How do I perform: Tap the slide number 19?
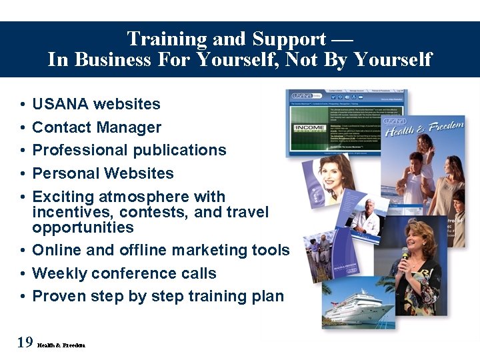(x=25, y=343)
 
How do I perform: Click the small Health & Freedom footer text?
(x=61, y=345)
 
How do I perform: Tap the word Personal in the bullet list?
(x=64, y=173)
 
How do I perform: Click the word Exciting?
(x=63, y=197)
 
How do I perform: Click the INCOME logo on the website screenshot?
(x=310, y=127)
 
